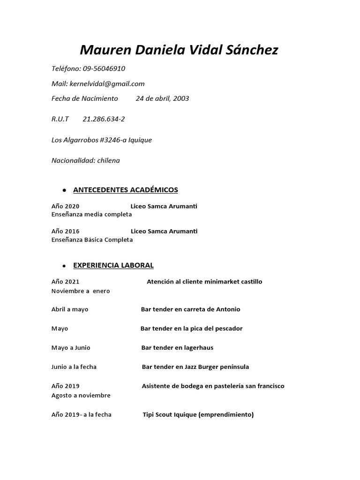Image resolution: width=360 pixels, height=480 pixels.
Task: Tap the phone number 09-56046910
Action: [104, 68]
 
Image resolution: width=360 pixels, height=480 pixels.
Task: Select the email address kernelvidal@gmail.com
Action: [107, 83]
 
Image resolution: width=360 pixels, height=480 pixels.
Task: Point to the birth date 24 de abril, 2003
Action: [162, 98]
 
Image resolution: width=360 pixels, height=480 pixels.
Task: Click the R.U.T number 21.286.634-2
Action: [104, 119]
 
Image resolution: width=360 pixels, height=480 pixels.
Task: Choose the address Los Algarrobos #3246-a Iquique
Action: [102, 140]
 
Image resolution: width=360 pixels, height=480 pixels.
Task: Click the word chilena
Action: [108, 160]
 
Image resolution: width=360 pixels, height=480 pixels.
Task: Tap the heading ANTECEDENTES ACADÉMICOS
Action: [126, 190]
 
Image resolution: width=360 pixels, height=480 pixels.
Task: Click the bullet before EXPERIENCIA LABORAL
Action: [63, 266]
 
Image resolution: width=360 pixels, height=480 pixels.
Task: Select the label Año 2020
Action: [66, 206]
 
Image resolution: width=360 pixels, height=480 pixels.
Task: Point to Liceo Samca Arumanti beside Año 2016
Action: [164, 231]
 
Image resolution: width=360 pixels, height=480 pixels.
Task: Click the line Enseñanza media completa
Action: [91, 214]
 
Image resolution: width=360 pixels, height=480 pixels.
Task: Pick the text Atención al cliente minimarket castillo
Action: [204, 282]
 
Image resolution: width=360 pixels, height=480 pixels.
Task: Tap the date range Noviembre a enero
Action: [81, 291]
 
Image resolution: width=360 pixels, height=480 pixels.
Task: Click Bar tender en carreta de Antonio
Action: [190, 309]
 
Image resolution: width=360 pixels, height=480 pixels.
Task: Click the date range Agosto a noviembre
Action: [81, 395]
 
